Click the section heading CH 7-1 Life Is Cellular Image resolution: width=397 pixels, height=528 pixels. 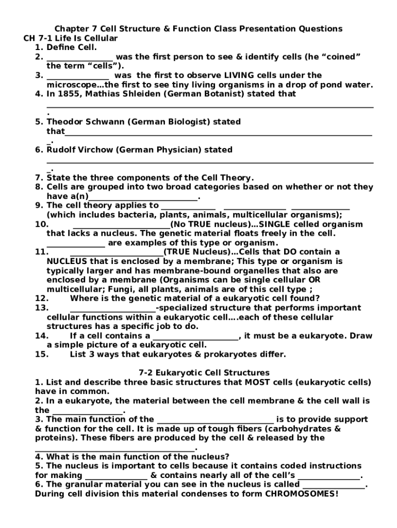click(x=71, y=38)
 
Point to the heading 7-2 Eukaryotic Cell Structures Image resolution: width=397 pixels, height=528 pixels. click(x=204, y=373)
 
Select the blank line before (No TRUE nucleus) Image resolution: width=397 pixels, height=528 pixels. click(x=121, y=225)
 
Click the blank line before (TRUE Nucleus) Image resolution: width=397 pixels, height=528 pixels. click(x=117, y=253)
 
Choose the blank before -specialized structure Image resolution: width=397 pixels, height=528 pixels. click(x=112, y=308)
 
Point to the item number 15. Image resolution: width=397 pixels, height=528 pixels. click(x=41, y=354)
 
